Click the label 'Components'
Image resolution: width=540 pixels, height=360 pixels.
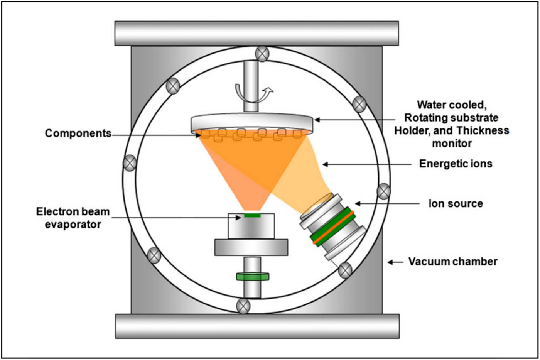(78, 134)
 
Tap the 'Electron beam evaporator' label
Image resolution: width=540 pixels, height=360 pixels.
(73, 218)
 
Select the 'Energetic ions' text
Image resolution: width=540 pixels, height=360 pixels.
(456, 164)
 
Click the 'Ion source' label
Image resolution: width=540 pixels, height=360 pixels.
(456, 203)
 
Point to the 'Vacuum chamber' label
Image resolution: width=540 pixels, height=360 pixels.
(453, 262)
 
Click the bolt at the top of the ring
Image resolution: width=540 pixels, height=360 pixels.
(262, 54)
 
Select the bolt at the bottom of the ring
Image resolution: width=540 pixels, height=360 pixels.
(243, 306)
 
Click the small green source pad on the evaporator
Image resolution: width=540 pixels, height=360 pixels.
(252, 215)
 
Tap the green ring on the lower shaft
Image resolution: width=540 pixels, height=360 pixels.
(252, 276)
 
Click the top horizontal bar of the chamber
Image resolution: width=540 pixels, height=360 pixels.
(256, 34)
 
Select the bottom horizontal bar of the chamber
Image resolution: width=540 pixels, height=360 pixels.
(257, 326)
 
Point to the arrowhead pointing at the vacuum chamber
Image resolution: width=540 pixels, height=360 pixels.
(390, 262)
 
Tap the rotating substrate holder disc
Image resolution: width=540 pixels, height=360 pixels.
(252, 122)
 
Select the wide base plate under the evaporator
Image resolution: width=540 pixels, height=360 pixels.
(251, 247)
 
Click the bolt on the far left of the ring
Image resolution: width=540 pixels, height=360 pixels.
(130, 163)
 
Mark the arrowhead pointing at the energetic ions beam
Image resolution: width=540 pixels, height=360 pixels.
(325, 164)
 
